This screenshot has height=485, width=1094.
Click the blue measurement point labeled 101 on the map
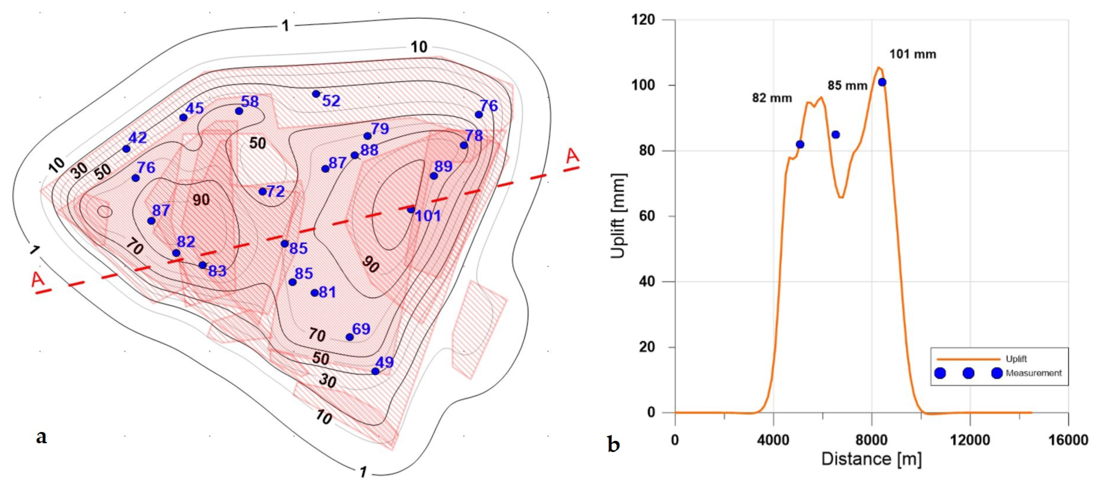411,209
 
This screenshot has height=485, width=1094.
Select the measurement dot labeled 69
350,337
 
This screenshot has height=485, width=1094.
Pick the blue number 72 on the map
275,192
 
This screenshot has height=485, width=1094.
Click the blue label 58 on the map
250,102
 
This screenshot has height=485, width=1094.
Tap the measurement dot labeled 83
203,265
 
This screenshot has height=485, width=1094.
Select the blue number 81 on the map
327,292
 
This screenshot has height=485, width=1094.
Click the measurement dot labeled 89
434,176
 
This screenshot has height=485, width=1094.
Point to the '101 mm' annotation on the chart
913,55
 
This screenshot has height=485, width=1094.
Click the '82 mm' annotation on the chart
772,99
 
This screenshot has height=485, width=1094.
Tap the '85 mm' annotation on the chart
847,86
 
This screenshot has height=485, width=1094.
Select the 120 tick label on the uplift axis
642,20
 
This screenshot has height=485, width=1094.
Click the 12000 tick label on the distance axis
970,440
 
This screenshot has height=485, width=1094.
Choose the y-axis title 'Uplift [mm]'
618,216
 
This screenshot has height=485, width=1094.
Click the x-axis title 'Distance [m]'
871,460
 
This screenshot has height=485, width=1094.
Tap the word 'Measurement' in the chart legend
1033,373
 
